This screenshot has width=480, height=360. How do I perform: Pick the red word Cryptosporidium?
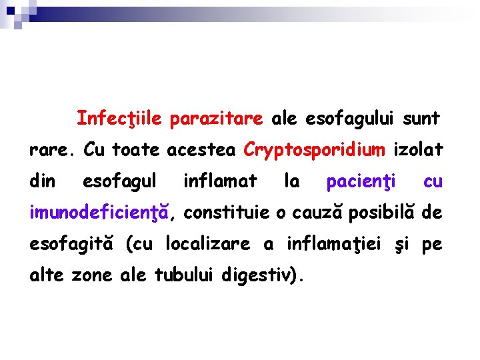[x=314, y=150]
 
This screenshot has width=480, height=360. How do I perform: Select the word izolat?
[x=418, y=150]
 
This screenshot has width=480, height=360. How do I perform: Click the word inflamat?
[x=220, y=181]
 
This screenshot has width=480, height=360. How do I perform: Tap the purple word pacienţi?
[x=361, y=181]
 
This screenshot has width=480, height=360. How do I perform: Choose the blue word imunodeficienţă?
[x=102, y=213]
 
